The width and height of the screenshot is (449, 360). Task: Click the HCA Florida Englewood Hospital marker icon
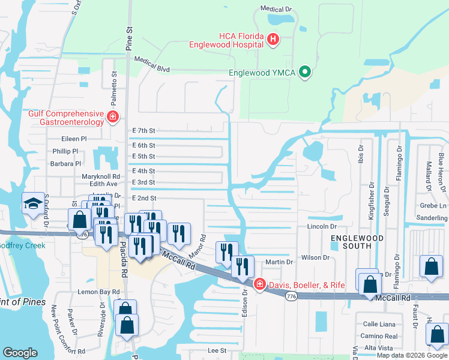[x=273, y=39]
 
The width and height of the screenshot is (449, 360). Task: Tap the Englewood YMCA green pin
[x=305, y=73]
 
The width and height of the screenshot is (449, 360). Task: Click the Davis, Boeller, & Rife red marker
[x=260, y=284]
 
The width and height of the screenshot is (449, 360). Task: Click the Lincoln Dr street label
[x=322, y=226]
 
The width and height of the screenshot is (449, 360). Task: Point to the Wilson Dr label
[x=316, y=257]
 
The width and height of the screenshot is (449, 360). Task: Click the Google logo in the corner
[x=20, y=353]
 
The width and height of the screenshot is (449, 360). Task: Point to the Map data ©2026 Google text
[x=412, y=355]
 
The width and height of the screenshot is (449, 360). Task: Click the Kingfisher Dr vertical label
[x=370, y=190]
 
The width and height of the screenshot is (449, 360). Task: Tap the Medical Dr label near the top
[x=275, y=9]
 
